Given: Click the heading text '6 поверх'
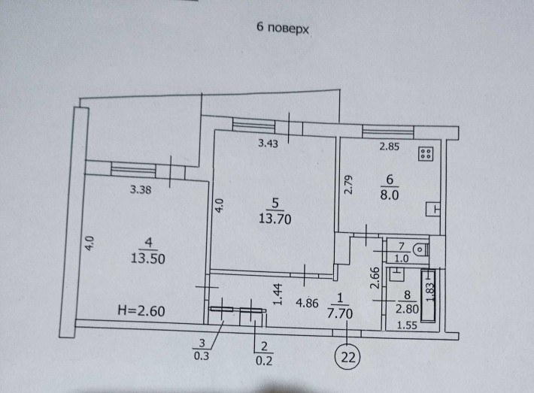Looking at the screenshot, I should pos(284,28).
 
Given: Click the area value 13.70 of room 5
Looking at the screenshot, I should pos(275,219).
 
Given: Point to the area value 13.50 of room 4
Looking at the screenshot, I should pos(147,255).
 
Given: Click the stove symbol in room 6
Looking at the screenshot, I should pos(425,155).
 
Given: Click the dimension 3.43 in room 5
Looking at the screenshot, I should pos(269,146).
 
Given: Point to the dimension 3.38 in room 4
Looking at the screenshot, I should pos(141,190).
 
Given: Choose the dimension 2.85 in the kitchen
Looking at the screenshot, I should pos(389,147).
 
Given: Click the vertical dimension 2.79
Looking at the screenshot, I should pos(349,185).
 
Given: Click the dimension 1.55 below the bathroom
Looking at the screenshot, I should pos(407,325).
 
